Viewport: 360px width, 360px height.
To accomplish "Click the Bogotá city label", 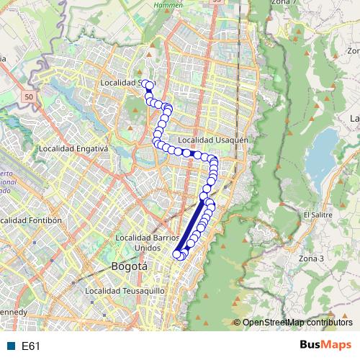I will pyautogui.click(x=130, y=266).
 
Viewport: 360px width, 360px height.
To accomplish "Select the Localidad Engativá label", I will pyautogui.click(x=73, y=148).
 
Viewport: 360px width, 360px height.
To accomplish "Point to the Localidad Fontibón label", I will pyautogui.click(x=32, y=220).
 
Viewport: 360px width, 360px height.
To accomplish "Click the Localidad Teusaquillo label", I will pyautogui.click(x=125, y=291).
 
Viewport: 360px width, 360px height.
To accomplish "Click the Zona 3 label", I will pyautogui.click(x=312, y=258).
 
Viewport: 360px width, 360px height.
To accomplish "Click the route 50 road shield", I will pyautogui.click(x=28, y=96).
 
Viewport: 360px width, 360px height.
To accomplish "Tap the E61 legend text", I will pyautogui.click(x=30, y=346).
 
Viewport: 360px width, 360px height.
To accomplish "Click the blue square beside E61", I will pyautogui.click(x=10, y=346).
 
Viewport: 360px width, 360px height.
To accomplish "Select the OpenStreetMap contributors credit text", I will pyautogui.click(x=297, y=323).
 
